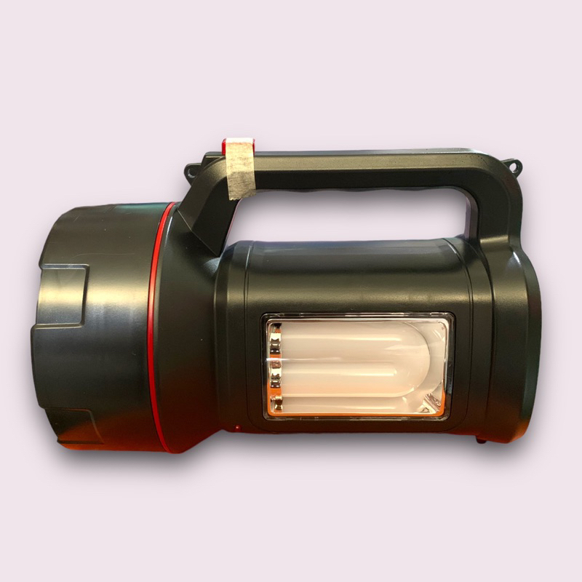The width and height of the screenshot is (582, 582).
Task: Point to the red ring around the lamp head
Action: (x=155, y=327)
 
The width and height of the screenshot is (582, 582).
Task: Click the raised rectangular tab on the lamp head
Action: (x=61, y=295)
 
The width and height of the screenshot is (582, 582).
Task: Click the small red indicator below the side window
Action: (x=236, y=428)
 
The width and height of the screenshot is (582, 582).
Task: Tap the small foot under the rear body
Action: (x=479, y=439)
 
